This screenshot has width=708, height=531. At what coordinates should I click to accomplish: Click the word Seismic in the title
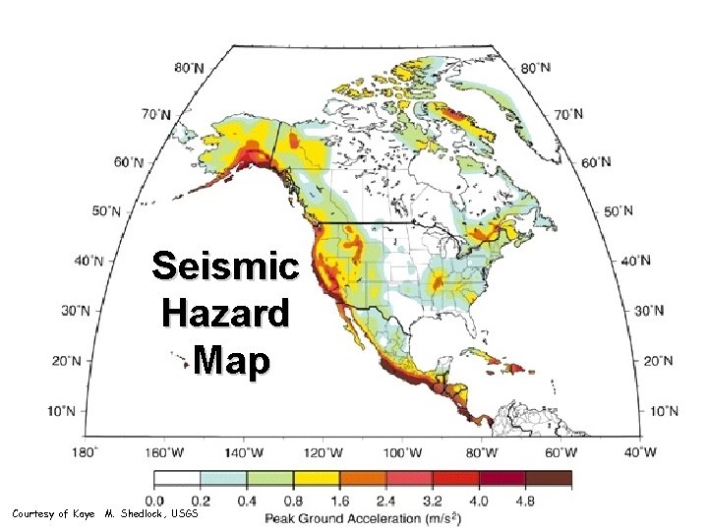pos(225,266)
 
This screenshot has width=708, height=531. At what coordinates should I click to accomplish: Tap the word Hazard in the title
pos(225,315)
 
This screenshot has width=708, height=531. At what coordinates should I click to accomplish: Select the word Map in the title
pos(231,362)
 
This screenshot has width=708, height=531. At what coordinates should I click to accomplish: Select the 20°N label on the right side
pos(656,360)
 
